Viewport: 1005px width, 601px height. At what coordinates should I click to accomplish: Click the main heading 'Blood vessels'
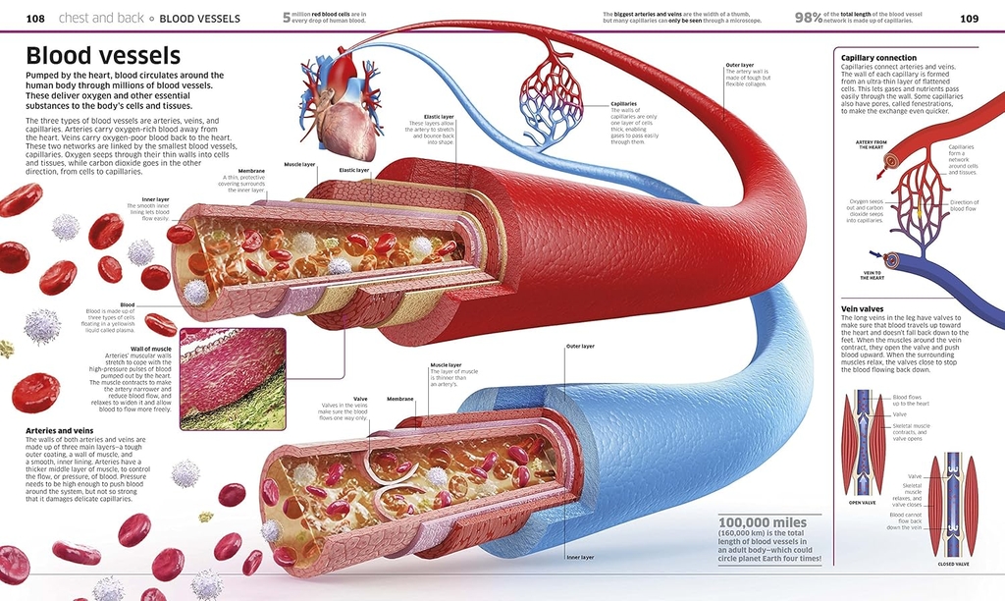point(103,56)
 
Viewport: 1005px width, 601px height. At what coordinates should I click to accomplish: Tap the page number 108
point(35,18)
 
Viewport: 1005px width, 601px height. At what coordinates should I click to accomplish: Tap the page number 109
point(969,18)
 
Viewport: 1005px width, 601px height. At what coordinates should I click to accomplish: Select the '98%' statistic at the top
point(808,18)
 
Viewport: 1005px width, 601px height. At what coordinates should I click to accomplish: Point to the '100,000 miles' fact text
point(763,522)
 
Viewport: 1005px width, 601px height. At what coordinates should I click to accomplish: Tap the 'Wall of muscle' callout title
point(151,349)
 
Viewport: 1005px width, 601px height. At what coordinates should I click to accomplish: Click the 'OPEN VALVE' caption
point(862,503)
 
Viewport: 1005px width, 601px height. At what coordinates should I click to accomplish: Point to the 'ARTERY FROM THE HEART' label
point(871,144)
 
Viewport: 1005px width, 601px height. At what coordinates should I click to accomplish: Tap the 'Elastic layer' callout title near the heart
point(425,117)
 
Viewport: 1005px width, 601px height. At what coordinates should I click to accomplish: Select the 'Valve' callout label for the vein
point(360,399)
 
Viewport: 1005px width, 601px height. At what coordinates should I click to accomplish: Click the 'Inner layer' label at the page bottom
point(580,557)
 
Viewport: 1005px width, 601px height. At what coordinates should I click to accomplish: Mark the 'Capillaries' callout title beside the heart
point(623,103)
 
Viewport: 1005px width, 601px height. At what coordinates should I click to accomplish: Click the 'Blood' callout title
point(128,304)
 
